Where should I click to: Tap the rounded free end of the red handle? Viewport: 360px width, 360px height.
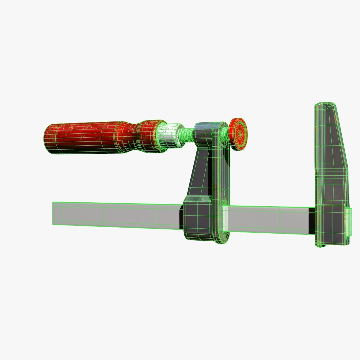point(47,140)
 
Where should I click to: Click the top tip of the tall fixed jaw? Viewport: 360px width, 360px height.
point(325,106)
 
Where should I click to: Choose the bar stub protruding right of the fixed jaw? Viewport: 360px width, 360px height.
point(349,222)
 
